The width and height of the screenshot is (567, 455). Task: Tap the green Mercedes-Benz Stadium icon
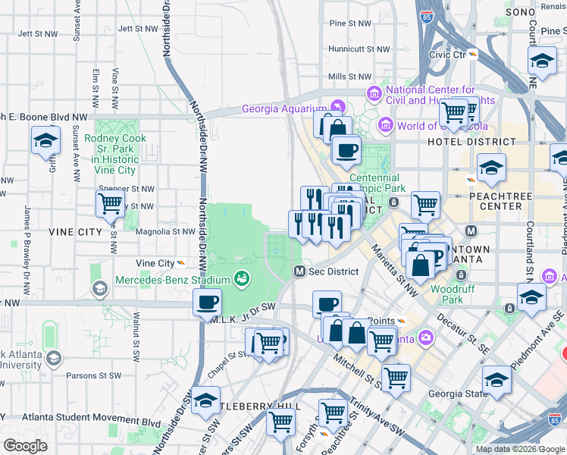tap(242, 280)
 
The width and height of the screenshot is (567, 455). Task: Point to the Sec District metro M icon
tap(299, 271)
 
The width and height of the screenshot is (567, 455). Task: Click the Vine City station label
tap(155, 263)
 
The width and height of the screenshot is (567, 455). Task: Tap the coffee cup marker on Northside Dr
tap(207, 303)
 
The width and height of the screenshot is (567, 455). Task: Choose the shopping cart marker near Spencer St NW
tap(111, 203)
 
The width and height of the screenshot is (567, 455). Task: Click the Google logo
tap(25, 446)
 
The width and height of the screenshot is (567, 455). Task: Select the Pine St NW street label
tap(349, 24)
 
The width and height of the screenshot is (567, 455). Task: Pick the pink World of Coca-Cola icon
tap(385, 125)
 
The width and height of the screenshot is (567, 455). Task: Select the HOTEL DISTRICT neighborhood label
tap(459, 142)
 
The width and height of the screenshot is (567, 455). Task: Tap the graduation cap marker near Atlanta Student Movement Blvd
tap(205, 401)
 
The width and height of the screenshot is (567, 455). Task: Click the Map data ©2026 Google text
tap(520, 449)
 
